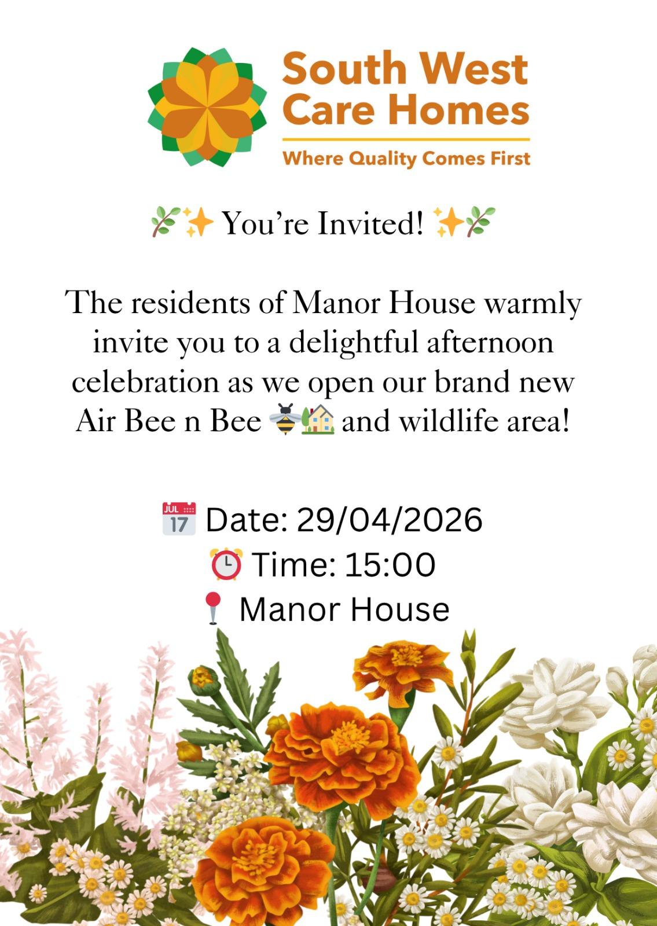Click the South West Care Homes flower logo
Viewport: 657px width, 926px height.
coord(207,107)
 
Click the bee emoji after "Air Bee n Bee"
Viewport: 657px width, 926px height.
coord(285,420)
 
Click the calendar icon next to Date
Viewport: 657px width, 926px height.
coord(179,519)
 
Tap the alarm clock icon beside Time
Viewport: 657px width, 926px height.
coord(226,564)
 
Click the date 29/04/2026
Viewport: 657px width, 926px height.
coord(390,520)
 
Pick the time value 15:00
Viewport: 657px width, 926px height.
coord(390,565)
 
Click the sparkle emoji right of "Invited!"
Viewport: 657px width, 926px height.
coord(447,222)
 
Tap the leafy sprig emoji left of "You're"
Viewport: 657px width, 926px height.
coord(165,222)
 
